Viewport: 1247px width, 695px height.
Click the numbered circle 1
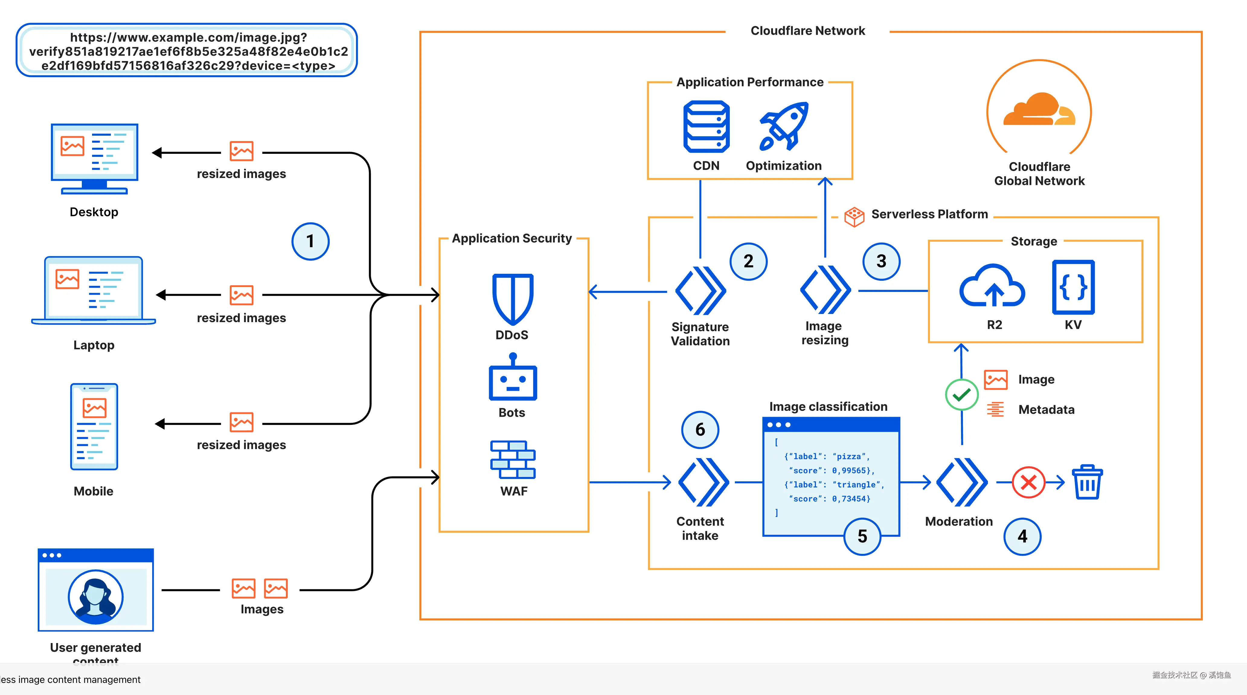(x=310, y=241)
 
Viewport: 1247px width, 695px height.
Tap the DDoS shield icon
(x=513, y=298)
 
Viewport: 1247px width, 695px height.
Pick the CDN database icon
(x=706, y=127)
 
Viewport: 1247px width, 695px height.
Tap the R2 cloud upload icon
(x=992, y=287)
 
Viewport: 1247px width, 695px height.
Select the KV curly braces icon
(x=1073, y=287)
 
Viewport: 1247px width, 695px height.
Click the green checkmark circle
(x=961, y=395)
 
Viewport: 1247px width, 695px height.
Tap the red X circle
(x=1028, y=482)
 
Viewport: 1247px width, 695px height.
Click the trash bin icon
(x=1087, y=482)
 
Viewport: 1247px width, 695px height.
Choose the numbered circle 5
(x=862, y=536)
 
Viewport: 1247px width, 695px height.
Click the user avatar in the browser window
(x=95, y=597)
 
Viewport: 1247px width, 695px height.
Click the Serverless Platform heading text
(x=929, y=214)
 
